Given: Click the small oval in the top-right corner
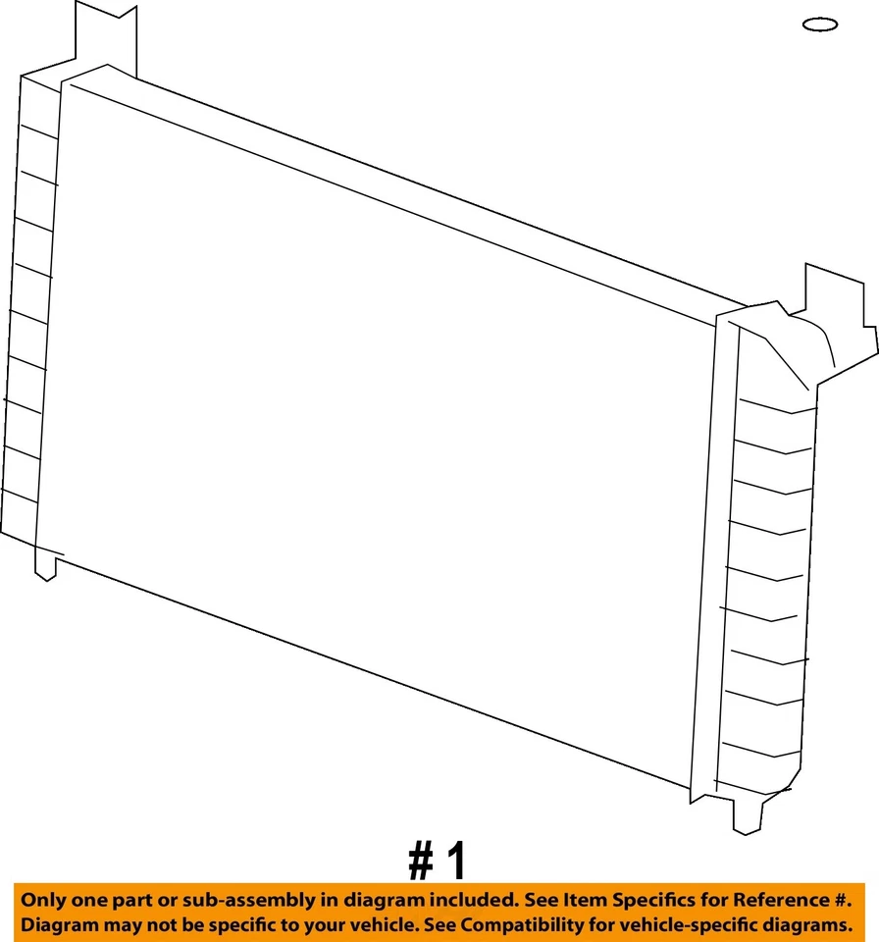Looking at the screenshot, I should tap(819, 25).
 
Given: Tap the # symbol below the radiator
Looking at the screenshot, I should tap(421, 863).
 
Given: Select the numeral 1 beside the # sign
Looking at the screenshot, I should tap(456, 863).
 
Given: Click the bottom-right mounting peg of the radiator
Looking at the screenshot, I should tap(748, 814).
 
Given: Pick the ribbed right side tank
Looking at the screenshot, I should tap(770, 589).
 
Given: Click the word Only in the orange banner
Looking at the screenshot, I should tap(43, 900).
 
